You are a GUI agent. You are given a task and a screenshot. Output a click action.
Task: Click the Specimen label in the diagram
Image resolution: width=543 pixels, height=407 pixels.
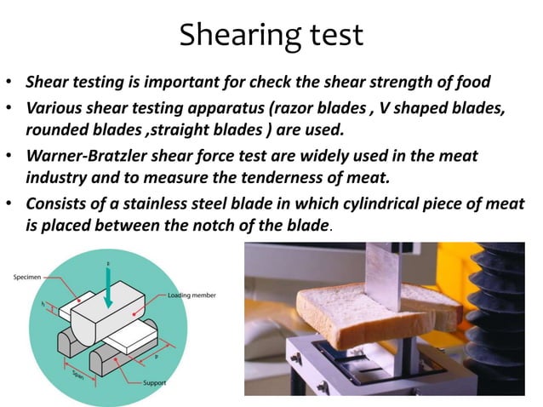coord(31,277)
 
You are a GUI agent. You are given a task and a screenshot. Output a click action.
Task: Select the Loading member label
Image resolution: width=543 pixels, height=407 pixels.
coord(191,295)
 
